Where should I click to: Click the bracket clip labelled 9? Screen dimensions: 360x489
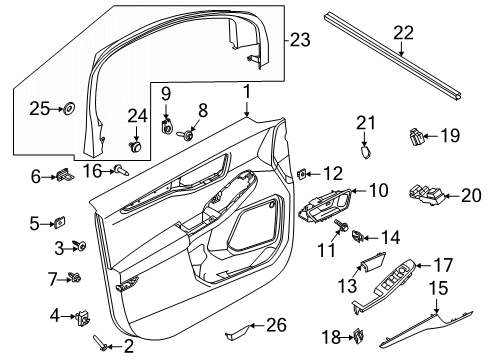(167, 129)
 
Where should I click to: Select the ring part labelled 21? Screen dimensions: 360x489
(366, 152)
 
